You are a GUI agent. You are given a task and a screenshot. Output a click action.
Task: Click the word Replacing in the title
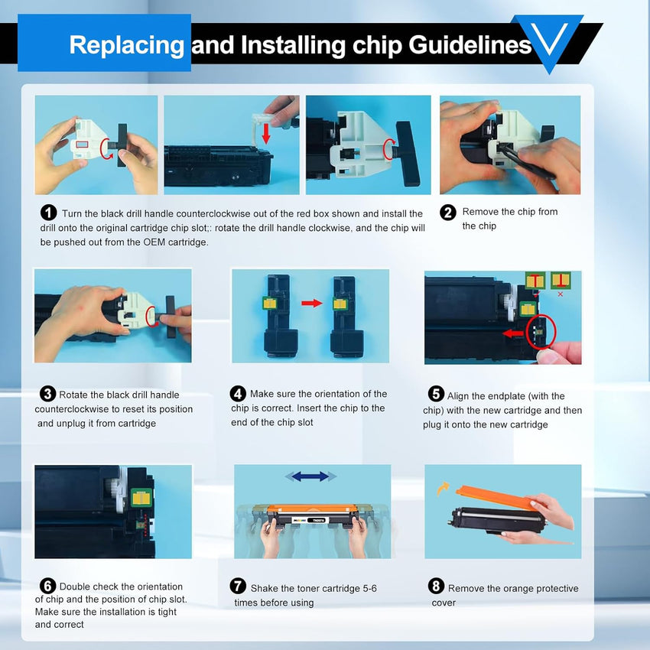click(x=126, y=46)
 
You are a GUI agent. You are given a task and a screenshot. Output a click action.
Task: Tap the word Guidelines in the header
click(x=470, y=45)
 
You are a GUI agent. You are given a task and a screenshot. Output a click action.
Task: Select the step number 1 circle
click(x=48, y=213)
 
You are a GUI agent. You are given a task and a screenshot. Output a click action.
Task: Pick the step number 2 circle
click(x=447, y=213)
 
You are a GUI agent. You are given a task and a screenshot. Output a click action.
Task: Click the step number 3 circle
click(x=47, y=394)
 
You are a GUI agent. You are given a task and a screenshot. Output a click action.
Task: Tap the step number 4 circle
click(x=238, y=393)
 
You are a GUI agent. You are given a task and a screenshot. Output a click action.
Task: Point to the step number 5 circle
click(x=436, y=393)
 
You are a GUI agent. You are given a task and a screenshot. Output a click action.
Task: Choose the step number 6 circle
click(x=47, y=587)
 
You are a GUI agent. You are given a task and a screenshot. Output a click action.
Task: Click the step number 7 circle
click(x=238, y=587)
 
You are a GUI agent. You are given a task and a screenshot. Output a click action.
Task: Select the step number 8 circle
click(x=436, y=587)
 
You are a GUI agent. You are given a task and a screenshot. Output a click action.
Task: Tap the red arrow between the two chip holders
click(x=312, y=303)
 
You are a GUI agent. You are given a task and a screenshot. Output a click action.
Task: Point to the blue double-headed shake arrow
click(x=310, y=476)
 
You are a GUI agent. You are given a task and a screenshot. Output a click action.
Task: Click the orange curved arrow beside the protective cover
click(x=443, y=489)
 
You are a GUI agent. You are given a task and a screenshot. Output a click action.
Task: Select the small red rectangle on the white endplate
click(x=82, y=145)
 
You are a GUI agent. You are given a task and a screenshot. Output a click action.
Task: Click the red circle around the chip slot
click(x=541, y=332)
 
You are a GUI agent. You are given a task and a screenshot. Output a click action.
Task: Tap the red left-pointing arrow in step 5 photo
click(x=513, y=333)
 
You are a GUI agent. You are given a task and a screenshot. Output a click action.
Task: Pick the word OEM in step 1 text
click(x=154, y=242)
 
